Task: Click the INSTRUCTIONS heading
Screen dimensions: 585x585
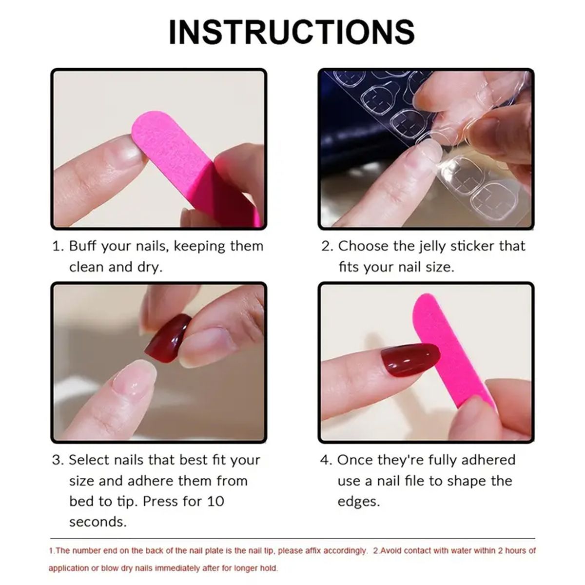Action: click(x=292, y=32)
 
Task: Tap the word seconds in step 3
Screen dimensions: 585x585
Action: click(x=97, y=522)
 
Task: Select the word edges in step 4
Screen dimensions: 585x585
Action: click(x=358, y=501)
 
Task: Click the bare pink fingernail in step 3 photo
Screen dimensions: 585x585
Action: click(x=132, y=379)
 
